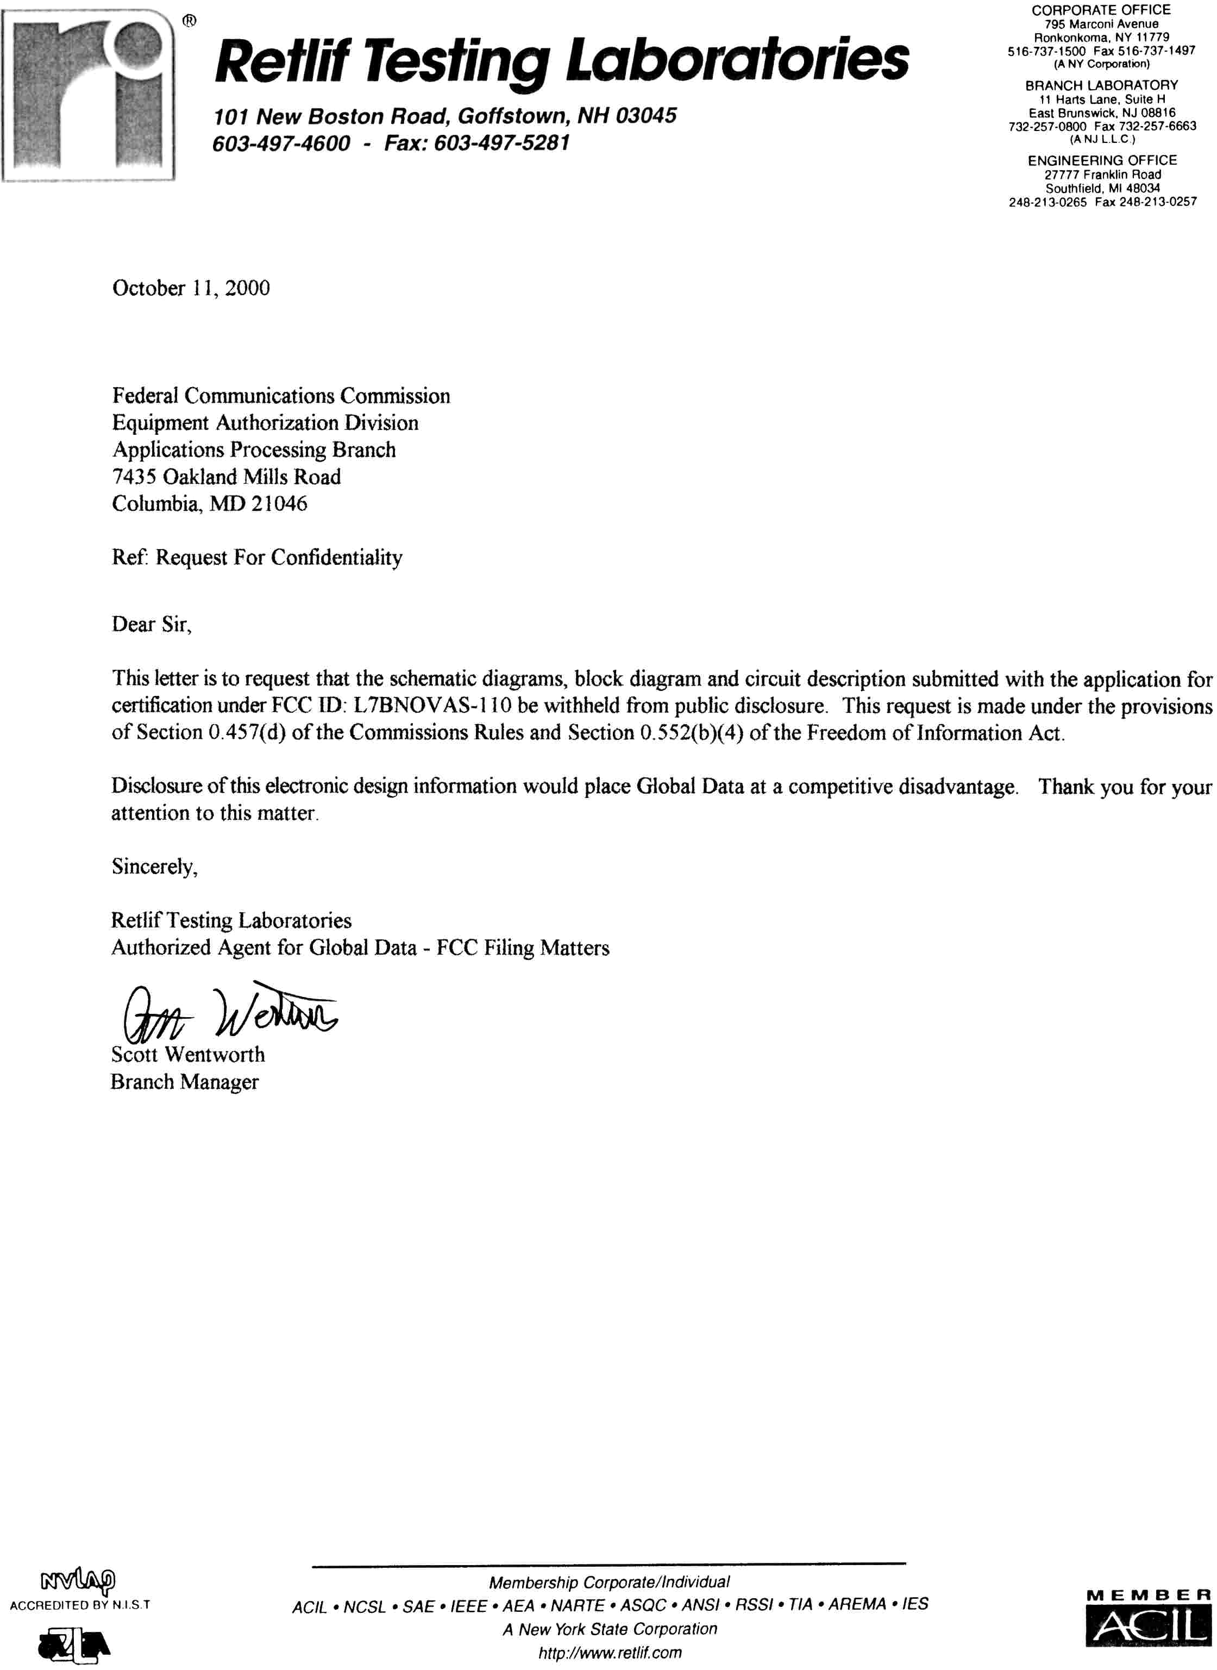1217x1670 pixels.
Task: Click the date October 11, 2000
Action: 191,288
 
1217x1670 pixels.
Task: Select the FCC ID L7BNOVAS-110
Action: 432,705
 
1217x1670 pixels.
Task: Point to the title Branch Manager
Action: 184,1082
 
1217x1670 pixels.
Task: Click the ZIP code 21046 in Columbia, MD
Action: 279,504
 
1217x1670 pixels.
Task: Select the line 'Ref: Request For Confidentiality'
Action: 257,558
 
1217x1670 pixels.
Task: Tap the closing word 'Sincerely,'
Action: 155,867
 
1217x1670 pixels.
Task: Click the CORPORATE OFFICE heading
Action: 1101,10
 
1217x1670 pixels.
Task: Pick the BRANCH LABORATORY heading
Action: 1101,85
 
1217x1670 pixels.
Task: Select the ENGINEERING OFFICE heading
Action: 1102,161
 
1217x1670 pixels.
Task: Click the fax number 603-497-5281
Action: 501,143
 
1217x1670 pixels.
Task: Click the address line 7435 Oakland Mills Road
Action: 226,477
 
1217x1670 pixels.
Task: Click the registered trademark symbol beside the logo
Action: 189,22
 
